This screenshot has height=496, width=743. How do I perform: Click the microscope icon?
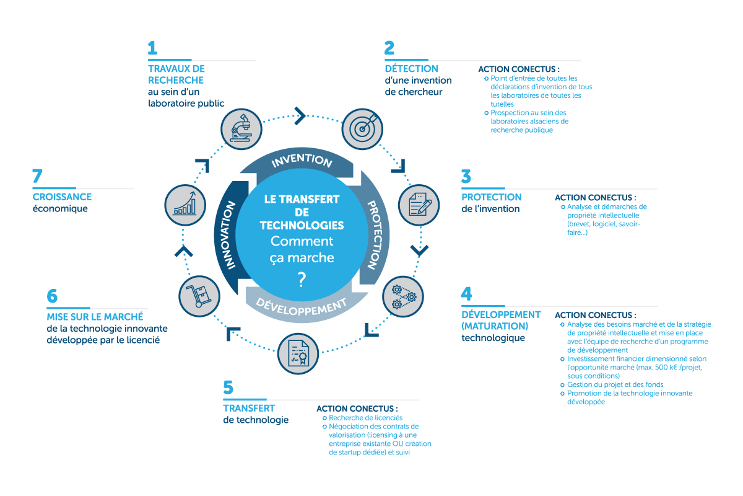(240, 128)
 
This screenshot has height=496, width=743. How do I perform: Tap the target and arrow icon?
(361, 128)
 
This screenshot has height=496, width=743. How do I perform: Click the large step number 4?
(467, 294)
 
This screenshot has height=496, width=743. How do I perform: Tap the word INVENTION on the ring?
(302, 161)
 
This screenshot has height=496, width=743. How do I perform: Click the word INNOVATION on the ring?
(228, 235)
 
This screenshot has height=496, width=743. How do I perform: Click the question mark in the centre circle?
(302, 280)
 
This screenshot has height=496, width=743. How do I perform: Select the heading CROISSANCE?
(62, 197)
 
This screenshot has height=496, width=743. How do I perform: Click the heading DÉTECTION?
(411, 68)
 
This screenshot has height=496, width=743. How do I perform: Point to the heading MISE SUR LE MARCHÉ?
(95, 317)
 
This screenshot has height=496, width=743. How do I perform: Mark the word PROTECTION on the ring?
(374, 234)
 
